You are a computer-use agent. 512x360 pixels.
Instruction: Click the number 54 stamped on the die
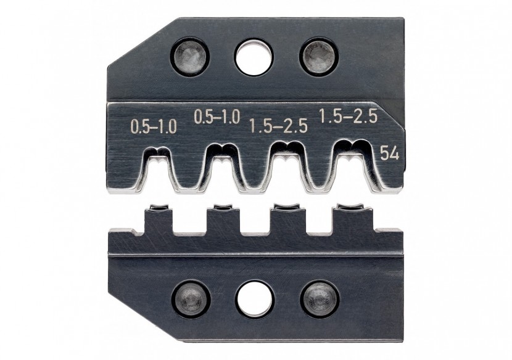(389, 153)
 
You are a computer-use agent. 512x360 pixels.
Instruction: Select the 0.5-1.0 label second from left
(217, 117)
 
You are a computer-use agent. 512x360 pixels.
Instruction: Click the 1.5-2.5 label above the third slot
(278, 127)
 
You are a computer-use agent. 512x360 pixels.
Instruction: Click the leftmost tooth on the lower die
(158, 218)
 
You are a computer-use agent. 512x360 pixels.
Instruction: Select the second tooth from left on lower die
(221, 218)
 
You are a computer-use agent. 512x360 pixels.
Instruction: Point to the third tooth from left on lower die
(285, 218)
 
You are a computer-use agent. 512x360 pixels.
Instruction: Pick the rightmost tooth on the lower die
(349, 218)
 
